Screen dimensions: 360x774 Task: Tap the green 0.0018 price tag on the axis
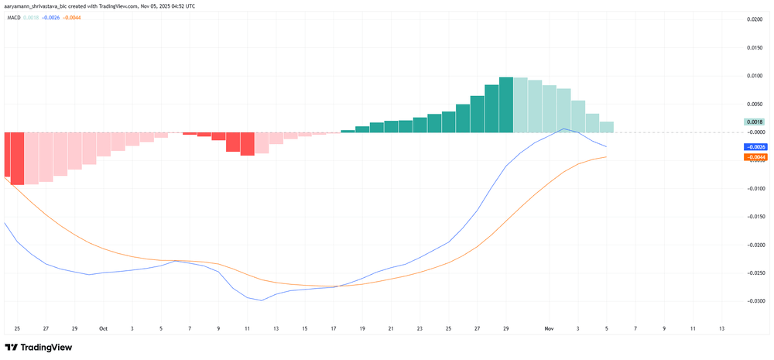[755, 122]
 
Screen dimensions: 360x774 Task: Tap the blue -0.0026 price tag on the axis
[755, 147]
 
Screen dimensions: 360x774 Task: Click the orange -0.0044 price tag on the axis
[755, 157]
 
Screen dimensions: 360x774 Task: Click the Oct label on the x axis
[103, 328]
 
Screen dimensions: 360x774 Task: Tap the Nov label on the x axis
[549, 328]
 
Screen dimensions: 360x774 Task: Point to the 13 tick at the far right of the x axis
[721, 328]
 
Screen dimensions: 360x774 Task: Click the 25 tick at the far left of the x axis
[17, 328]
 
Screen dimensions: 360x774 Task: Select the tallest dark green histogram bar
[506, 105]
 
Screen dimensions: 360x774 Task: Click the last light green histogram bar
[607, 127]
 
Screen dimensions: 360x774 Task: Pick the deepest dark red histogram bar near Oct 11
[247, 144]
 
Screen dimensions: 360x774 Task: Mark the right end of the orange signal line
[606, 157]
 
